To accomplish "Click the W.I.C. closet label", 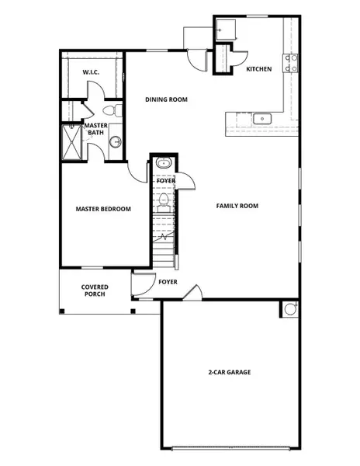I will [91, 72].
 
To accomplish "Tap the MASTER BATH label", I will [95, 129].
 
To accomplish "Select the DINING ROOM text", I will [167, 100].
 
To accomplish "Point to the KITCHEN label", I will [258, 69].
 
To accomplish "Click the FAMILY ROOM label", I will [237, 206].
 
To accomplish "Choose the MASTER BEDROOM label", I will [102, 209].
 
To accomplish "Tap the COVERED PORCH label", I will [95, 291].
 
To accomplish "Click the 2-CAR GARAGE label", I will [230, 372].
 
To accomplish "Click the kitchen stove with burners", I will [292, 63].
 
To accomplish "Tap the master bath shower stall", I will [72, 142].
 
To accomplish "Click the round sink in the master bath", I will [115, 142].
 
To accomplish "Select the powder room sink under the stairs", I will [164, 164].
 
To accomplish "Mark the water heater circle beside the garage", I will [290, 309].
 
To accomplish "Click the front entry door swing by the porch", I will [142, 283].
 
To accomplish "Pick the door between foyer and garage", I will [195, 294].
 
